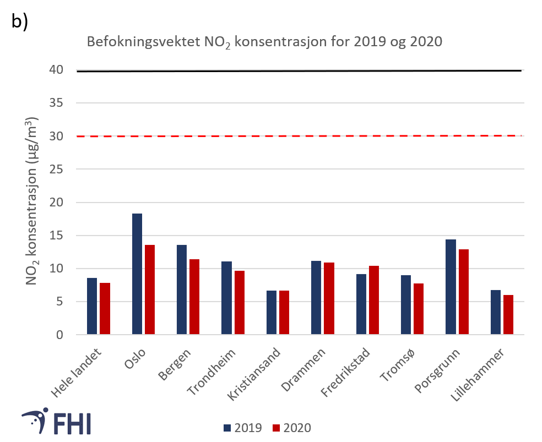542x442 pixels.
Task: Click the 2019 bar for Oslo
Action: tap(137, 274)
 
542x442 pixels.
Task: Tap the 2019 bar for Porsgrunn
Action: tap(451, 287)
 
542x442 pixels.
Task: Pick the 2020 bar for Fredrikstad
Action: tap(373, 300)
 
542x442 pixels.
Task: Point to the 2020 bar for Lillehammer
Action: tap(508, 315)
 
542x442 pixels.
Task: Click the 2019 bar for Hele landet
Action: tap(91, 306)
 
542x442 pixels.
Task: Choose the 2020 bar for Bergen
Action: tap(194, 297)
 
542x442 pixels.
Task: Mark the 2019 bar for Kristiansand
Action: tap(272, 313)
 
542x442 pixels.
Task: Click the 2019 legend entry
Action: tap(242, 428)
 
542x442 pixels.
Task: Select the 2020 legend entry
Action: tap(292, 428)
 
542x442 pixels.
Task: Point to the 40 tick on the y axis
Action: tap(57, 70)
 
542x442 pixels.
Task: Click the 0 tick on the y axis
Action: tap(61, 335)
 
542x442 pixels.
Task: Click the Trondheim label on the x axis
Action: tap(213, 372)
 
